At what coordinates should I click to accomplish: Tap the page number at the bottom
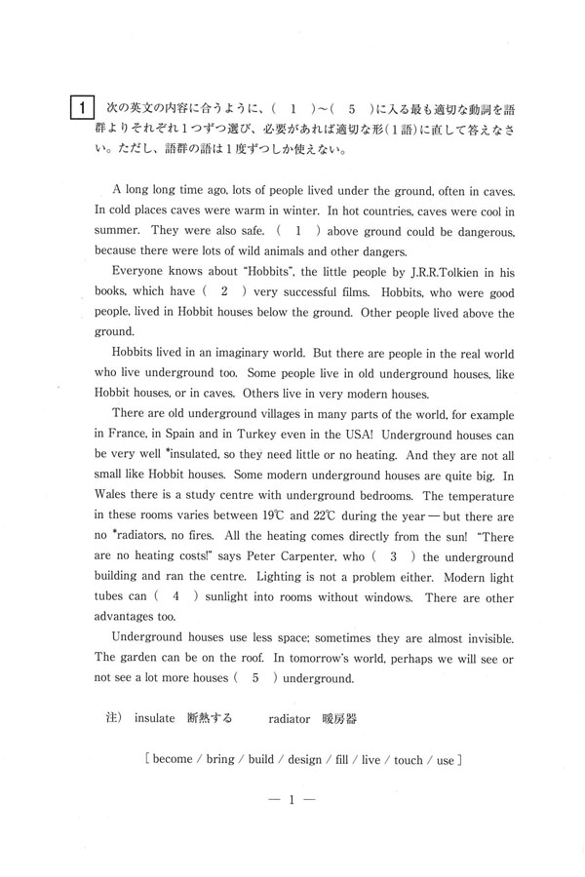(292, 800)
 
